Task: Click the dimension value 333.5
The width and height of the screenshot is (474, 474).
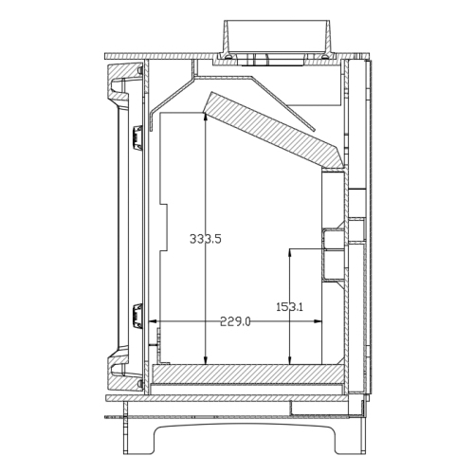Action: pos(205,240)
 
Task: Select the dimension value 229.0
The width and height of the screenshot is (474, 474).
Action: pos(235,322)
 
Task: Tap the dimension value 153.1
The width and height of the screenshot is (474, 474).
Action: pos(289,307)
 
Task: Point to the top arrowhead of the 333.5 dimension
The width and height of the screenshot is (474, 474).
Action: pos(206,115)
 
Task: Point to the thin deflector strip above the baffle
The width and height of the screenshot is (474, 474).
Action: pos(242,80)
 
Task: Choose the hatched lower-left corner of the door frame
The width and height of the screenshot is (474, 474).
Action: pos(118,372)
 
